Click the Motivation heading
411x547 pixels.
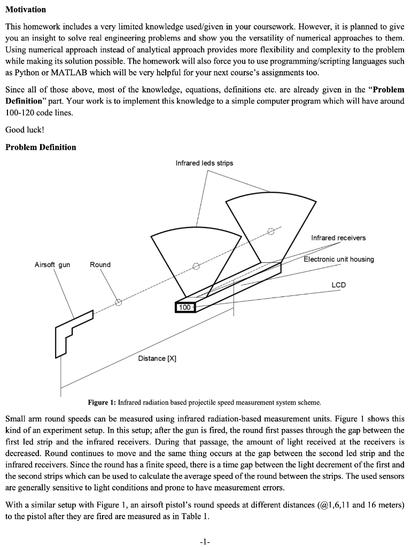click(x=26, y=10)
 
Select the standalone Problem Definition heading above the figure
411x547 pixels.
click(x=41, y=147)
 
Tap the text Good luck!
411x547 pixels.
click(x=25, y=129)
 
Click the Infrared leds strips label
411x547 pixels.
click(x=204, y=162)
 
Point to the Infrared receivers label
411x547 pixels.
click(x=338, y=237)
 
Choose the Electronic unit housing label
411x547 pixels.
click(x=339, y=259)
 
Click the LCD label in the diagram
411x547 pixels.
click(x=338, y=285)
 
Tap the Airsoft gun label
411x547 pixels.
click(x=52, y=264)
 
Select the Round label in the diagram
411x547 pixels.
click(x=100, y=264)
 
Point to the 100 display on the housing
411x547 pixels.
click(x=184, y=307)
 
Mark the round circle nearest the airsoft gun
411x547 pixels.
click(x=119, y=302)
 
